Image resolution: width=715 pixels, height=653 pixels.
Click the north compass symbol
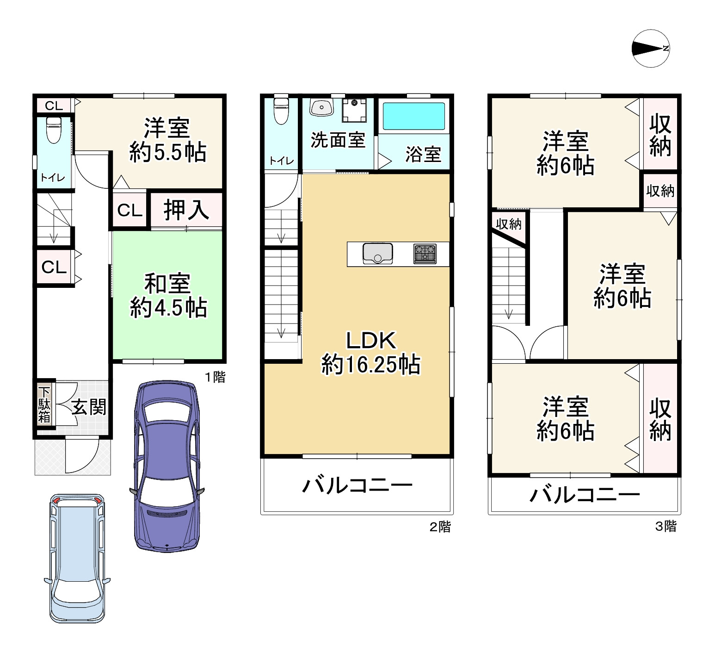651,48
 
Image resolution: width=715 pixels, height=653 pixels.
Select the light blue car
77,558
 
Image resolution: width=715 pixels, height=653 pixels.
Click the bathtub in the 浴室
413,116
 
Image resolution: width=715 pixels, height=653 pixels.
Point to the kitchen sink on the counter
378,253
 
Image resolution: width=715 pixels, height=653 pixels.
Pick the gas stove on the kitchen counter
425,254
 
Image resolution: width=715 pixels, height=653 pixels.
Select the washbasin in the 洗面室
322,107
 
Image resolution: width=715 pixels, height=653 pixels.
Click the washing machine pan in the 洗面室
354,110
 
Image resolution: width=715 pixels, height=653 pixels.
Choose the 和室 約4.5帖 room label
168,296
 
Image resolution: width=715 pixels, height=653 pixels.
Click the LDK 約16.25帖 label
371,352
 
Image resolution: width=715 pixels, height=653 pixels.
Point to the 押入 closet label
186,210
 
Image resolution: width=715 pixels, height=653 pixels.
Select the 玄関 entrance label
89,407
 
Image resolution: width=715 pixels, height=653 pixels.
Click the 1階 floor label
215,377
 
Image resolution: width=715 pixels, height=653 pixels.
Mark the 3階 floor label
666,526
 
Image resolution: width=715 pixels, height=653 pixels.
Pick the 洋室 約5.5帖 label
168,140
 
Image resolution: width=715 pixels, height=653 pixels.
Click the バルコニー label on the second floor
357,485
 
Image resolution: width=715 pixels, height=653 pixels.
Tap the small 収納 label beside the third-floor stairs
509,224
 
